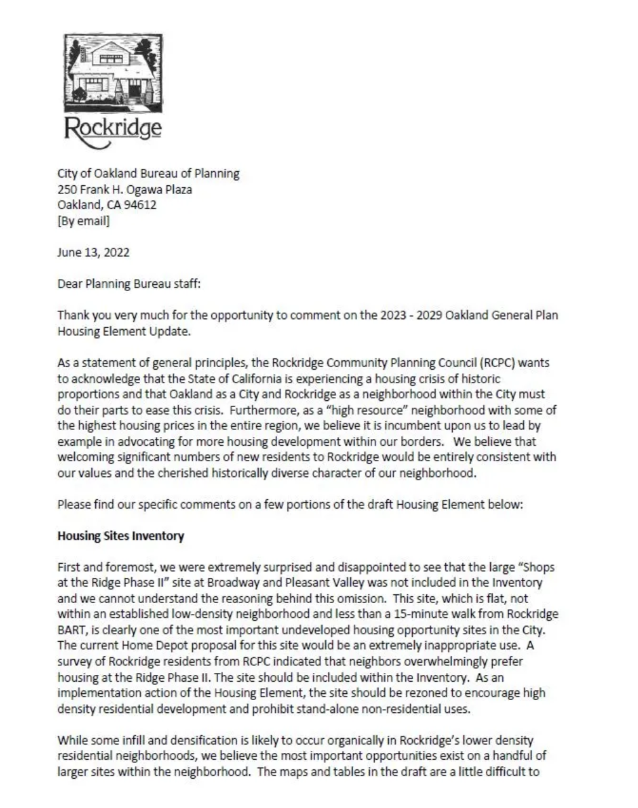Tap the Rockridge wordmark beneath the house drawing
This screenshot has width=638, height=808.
(x=114, y=128)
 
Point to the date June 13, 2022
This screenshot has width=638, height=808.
(x=93, y=252)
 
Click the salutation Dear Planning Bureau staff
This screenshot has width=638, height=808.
(x=129, y=283)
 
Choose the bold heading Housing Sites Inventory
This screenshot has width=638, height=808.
(x=120, y=536)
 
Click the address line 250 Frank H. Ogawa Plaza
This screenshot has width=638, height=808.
(x=125, y=189)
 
